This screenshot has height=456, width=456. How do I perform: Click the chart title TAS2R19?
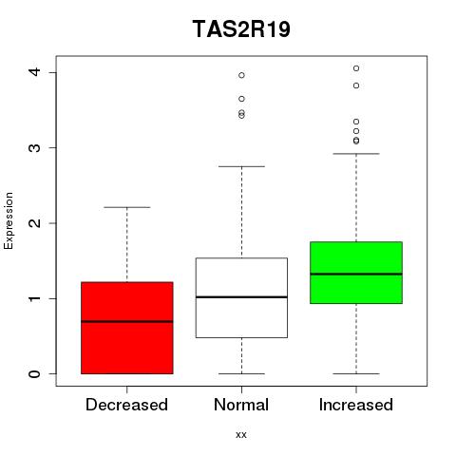pos(241,29)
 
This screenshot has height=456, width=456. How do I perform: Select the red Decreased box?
pos(127,328)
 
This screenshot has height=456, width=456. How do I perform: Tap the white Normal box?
pos(241,297)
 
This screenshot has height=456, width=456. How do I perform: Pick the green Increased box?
pos(356,273)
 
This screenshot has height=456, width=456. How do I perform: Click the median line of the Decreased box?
pos(127,321)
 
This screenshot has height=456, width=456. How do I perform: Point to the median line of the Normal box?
pos(241,297)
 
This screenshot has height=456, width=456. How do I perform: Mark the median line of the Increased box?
pos(356,274)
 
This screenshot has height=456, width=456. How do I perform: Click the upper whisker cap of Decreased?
pos(127,207)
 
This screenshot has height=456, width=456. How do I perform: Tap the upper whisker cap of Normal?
pos(241,166)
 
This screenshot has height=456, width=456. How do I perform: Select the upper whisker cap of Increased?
pos(356,154)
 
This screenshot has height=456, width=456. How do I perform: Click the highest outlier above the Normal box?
pos(241,75)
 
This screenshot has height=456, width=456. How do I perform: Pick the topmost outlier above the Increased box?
pos(356,68)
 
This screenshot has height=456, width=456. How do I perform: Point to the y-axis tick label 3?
pos(35,148)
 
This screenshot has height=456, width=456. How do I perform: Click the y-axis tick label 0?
pos(35,374)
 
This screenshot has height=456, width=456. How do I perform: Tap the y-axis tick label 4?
pos(35,72)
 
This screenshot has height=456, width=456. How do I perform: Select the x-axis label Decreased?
pos(126,405)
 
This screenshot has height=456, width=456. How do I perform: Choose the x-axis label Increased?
pos(356,405)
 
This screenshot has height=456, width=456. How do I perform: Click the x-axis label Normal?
pos(241,405)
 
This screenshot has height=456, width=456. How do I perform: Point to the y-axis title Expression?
pos(9,221)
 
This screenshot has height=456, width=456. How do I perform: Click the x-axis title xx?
pos(241,435)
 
